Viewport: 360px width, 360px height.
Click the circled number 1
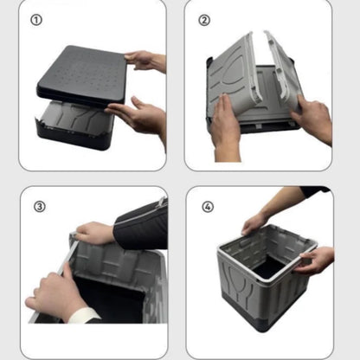coord(35,19)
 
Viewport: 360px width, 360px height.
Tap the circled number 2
coord(204,19)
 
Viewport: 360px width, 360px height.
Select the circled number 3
coord(39,208)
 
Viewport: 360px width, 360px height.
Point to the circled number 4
coord(207,208)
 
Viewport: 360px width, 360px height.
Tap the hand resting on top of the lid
coord(146,61)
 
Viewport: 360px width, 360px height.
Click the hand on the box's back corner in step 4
coord(255,223)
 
